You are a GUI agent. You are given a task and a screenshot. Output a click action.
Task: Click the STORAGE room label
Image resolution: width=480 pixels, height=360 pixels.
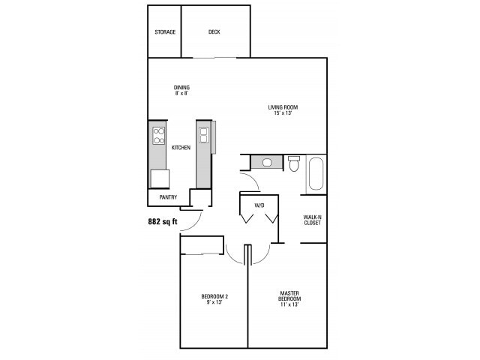[165, 32]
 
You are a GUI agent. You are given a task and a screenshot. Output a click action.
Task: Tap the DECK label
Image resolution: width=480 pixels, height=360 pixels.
[214, 32]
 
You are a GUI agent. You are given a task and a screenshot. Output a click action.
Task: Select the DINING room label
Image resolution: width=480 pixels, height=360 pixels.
[181, 87]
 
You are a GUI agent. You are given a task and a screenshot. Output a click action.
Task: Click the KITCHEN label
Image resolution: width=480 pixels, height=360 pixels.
[181, 148]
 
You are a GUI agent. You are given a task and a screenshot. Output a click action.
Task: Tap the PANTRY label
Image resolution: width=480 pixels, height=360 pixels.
[168, 198]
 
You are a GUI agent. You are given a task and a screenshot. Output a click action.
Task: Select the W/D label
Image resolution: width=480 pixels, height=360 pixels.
[259, 205]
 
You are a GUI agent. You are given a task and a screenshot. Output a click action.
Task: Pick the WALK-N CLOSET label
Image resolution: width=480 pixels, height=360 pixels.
[313, 220]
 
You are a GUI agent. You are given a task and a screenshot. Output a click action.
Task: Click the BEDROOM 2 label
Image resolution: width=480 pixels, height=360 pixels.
[214, 296]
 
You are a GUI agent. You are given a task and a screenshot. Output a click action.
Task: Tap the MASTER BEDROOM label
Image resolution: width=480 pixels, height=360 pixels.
[290, 295]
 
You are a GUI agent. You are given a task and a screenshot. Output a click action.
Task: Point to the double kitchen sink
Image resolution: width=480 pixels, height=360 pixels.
[202, 135]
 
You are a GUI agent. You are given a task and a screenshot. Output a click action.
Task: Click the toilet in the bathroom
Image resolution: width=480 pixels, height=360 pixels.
[294, 163]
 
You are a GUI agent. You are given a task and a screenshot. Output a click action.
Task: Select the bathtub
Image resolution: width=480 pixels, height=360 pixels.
[315, 174]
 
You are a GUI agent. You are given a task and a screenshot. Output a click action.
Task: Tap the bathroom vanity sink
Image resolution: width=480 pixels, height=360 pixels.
[267, 162]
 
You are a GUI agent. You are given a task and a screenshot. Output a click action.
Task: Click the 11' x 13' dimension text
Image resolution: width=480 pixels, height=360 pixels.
[290, 304]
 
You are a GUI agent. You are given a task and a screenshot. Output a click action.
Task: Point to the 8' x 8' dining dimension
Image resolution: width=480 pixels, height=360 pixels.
[181, 94]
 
